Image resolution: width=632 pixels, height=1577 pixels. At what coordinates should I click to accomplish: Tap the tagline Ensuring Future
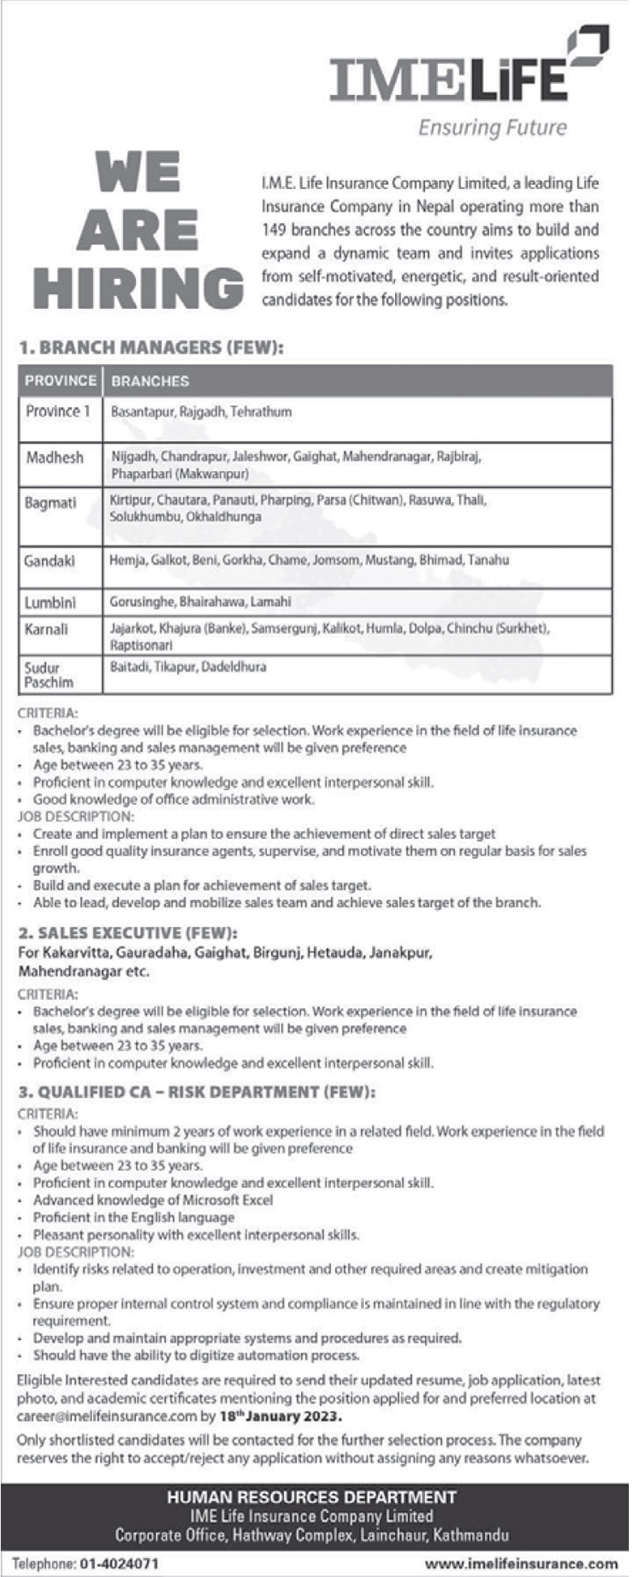point(492,127)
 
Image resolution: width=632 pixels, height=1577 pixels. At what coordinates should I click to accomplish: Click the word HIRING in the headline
point(139,287)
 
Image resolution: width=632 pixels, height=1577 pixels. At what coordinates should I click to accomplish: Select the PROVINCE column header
point(60,380)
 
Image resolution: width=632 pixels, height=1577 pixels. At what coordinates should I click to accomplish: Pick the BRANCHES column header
point(150,381)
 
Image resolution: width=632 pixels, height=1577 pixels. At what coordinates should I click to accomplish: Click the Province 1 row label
point(53,411)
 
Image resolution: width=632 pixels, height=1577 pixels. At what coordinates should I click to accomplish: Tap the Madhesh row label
point(54,457)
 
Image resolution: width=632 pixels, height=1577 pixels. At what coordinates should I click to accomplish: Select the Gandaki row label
point(51,560)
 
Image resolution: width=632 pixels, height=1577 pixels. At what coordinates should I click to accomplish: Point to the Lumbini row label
point(51,602)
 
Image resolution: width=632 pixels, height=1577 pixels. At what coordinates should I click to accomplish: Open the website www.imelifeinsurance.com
point(521,1563)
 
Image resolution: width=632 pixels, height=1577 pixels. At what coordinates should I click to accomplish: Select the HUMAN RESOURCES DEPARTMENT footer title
point(311,1496)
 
